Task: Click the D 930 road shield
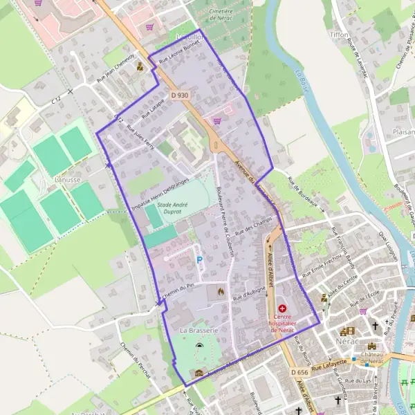(178, 95)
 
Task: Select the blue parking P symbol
(200, 260)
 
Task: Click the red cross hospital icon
(282, 308)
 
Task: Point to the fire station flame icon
(221, 292)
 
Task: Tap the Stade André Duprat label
(172, 208)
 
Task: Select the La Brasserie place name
(199, 331)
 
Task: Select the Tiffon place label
(339, 34)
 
